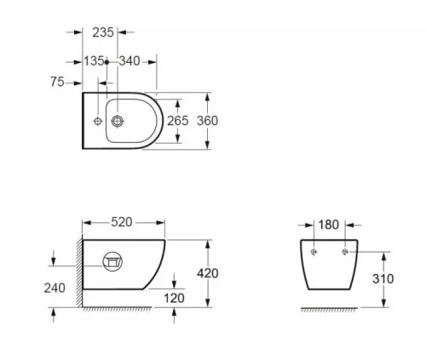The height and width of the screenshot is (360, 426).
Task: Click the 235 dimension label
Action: tap(103, 32)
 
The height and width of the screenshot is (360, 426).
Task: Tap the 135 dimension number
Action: tap(94, 61)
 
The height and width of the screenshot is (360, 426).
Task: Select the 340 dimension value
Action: tap(130, 61)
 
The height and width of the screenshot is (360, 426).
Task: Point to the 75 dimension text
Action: tap(57, 82)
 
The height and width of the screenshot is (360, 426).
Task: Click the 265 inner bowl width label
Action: tap(177, 121)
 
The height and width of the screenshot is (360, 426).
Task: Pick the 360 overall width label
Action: tap(208, 121)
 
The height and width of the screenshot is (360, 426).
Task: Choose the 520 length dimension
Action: tap(122, 222)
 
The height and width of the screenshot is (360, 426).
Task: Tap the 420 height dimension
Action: tap(208, 273)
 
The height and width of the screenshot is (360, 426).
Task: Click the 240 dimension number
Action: tap(55, 289)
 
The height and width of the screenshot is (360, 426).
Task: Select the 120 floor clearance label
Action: tap(174, 298)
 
